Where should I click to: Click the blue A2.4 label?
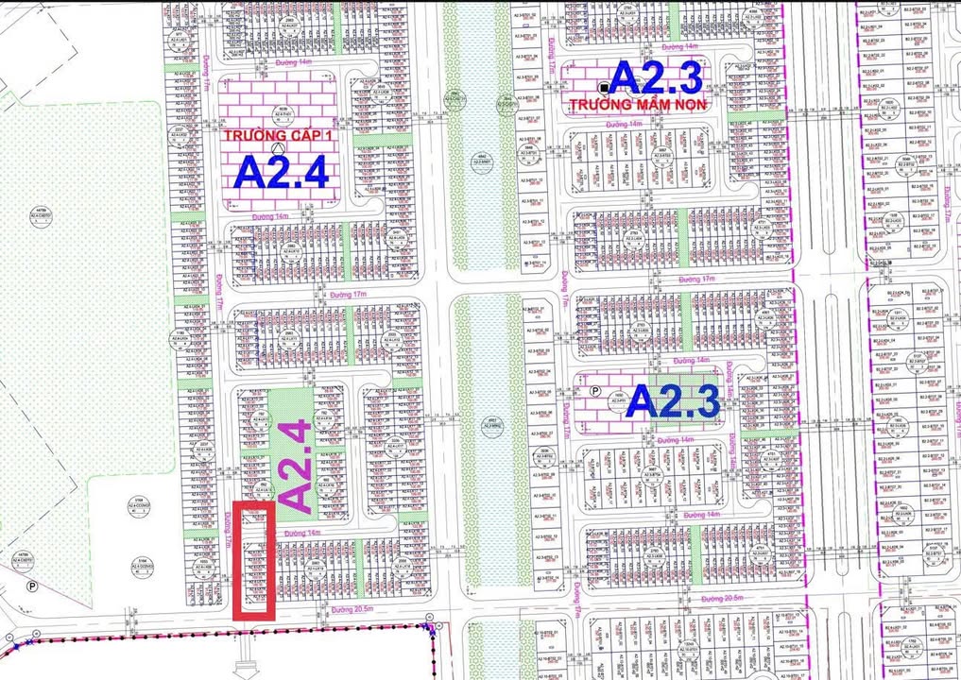(281, 174)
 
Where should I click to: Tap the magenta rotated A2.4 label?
(296, 466)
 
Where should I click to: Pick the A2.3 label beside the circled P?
(675, 401)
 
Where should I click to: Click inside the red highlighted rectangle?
(254, 561)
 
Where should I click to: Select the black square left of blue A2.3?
(604, 87)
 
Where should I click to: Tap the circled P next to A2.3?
(595, 390)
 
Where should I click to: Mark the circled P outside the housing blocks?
(32, 586)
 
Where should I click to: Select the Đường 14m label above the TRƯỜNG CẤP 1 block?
(293, 63)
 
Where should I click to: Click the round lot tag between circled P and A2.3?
(618, 398)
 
